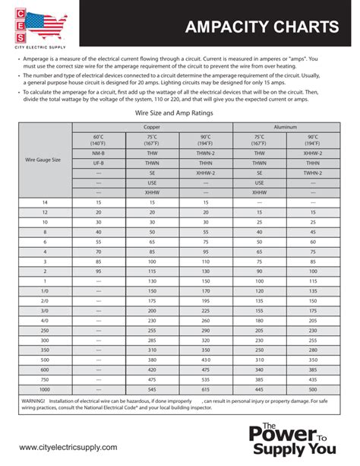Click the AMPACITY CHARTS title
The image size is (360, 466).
[x=262, y=28]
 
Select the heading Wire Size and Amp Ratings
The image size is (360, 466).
[x=174, y=113]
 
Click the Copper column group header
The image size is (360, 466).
[x=153, y=126]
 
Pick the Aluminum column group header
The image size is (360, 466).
[x=286, y=126]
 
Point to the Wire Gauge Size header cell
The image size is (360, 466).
[x=46, y=161]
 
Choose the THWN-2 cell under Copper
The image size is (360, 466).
[x=206, y=152]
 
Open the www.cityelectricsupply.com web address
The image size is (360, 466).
[x=68, y=448]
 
